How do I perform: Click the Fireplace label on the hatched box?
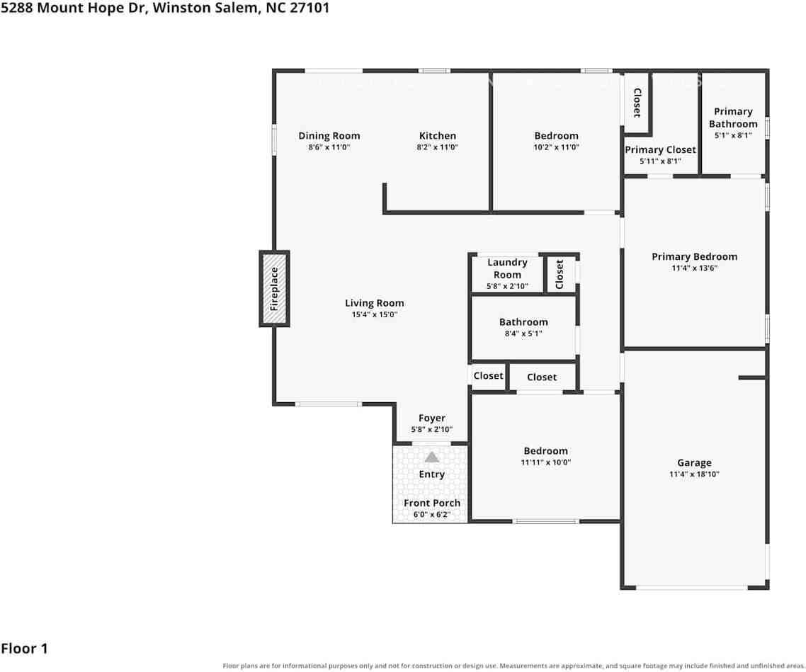(274, 289)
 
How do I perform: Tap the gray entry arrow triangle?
(432, 457)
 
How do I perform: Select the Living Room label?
(374, 303)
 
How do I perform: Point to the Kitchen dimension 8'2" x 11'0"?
(438, 147)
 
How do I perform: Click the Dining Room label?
(329, 136)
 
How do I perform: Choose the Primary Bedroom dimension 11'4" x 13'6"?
(694, 268)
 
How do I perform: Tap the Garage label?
(694, 463)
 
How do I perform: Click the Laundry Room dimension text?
(507, 286)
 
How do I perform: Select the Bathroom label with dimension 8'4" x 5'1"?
(523, 322)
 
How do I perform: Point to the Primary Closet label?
(660, 149)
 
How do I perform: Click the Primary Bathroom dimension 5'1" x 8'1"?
(733, 136)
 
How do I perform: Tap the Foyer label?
(432, 418)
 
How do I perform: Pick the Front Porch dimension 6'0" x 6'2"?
(432, 514)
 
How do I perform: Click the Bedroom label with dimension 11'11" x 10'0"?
(545, 450)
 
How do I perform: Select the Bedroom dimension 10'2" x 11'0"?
(556, 147)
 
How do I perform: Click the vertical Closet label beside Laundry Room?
(560, 274)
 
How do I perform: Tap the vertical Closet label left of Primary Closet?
(637, 103)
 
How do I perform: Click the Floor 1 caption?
(24, 649)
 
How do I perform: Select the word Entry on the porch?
(432, 474)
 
